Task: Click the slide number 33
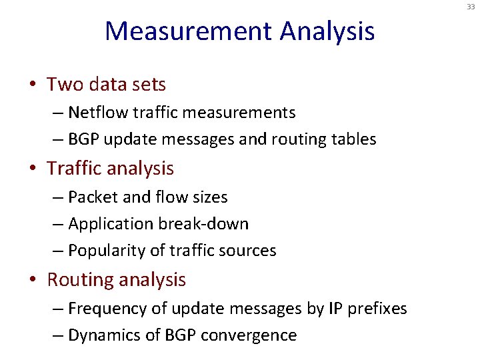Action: (471, 7)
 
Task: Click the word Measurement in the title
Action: (189, 31)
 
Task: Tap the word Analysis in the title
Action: (327, 31)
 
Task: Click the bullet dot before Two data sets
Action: (32, 85)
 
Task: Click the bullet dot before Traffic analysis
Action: (32, 169)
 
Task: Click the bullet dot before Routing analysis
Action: (32, 281)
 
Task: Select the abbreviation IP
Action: (334, 309)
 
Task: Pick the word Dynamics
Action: (103, 335)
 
